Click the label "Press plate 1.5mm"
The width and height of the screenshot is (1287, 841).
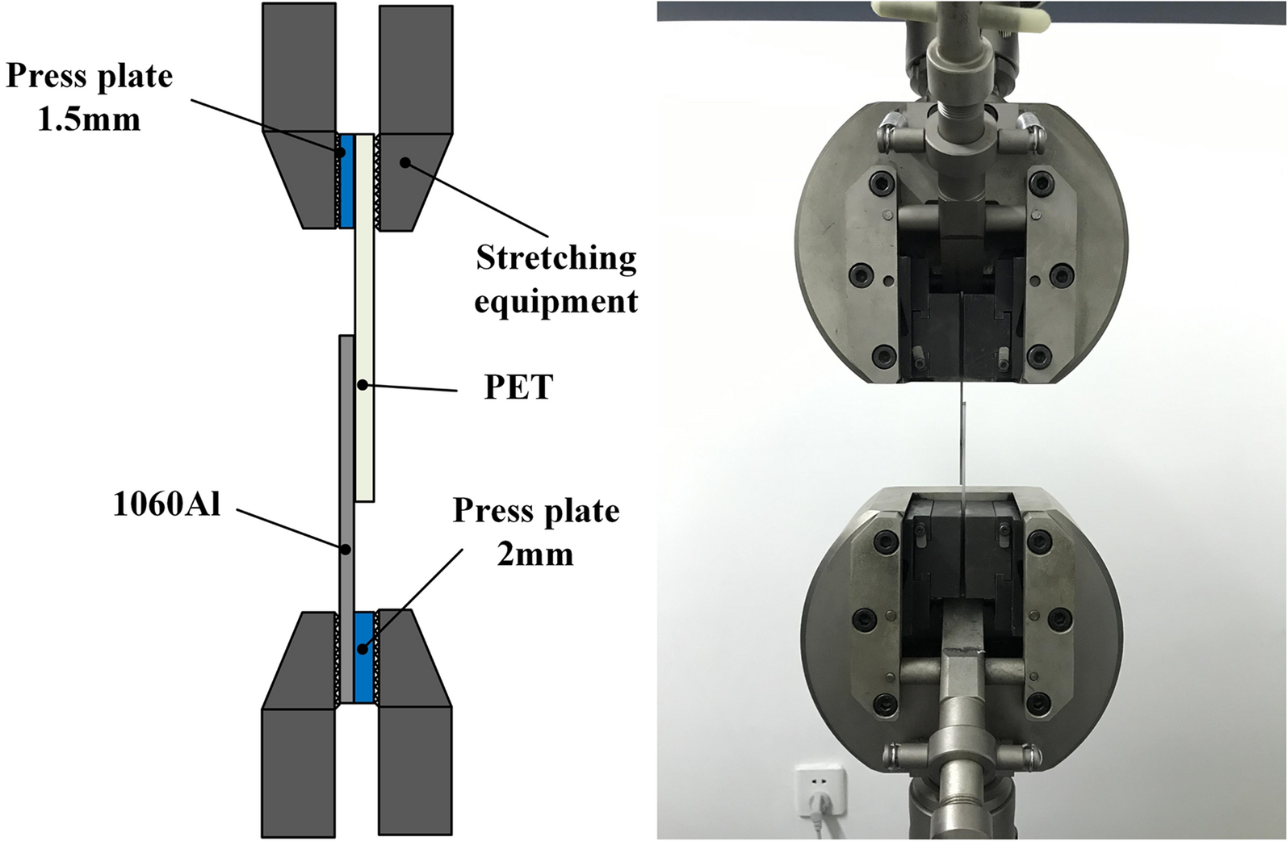tap(89, 97)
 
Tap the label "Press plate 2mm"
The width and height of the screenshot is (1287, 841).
tap(535, 532)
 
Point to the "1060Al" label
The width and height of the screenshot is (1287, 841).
tap(166, 505)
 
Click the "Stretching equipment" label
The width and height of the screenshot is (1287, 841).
tap(556, 279)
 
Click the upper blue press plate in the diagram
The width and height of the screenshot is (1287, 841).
tap(346, 180)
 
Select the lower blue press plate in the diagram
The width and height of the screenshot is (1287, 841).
tap(364, 656)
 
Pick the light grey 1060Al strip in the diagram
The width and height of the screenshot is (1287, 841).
tap(346, 452)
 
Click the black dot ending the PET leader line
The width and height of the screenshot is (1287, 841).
tap(363, 384)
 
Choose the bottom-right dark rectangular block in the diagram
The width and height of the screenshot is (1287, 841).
tap(414, 771)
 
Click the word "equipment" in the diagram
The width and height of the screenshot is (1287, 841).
tap(556, 302)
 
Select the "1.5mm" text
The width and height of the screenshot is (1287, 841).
tap(89, 119)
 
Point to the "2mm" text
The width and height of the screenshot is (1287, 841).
tap(535, 554)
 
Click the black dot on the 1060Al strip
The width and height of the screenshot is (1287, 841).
tap(346, 549)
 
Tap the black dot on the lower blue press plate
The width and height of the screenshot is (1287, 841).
tap(364, 647)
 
